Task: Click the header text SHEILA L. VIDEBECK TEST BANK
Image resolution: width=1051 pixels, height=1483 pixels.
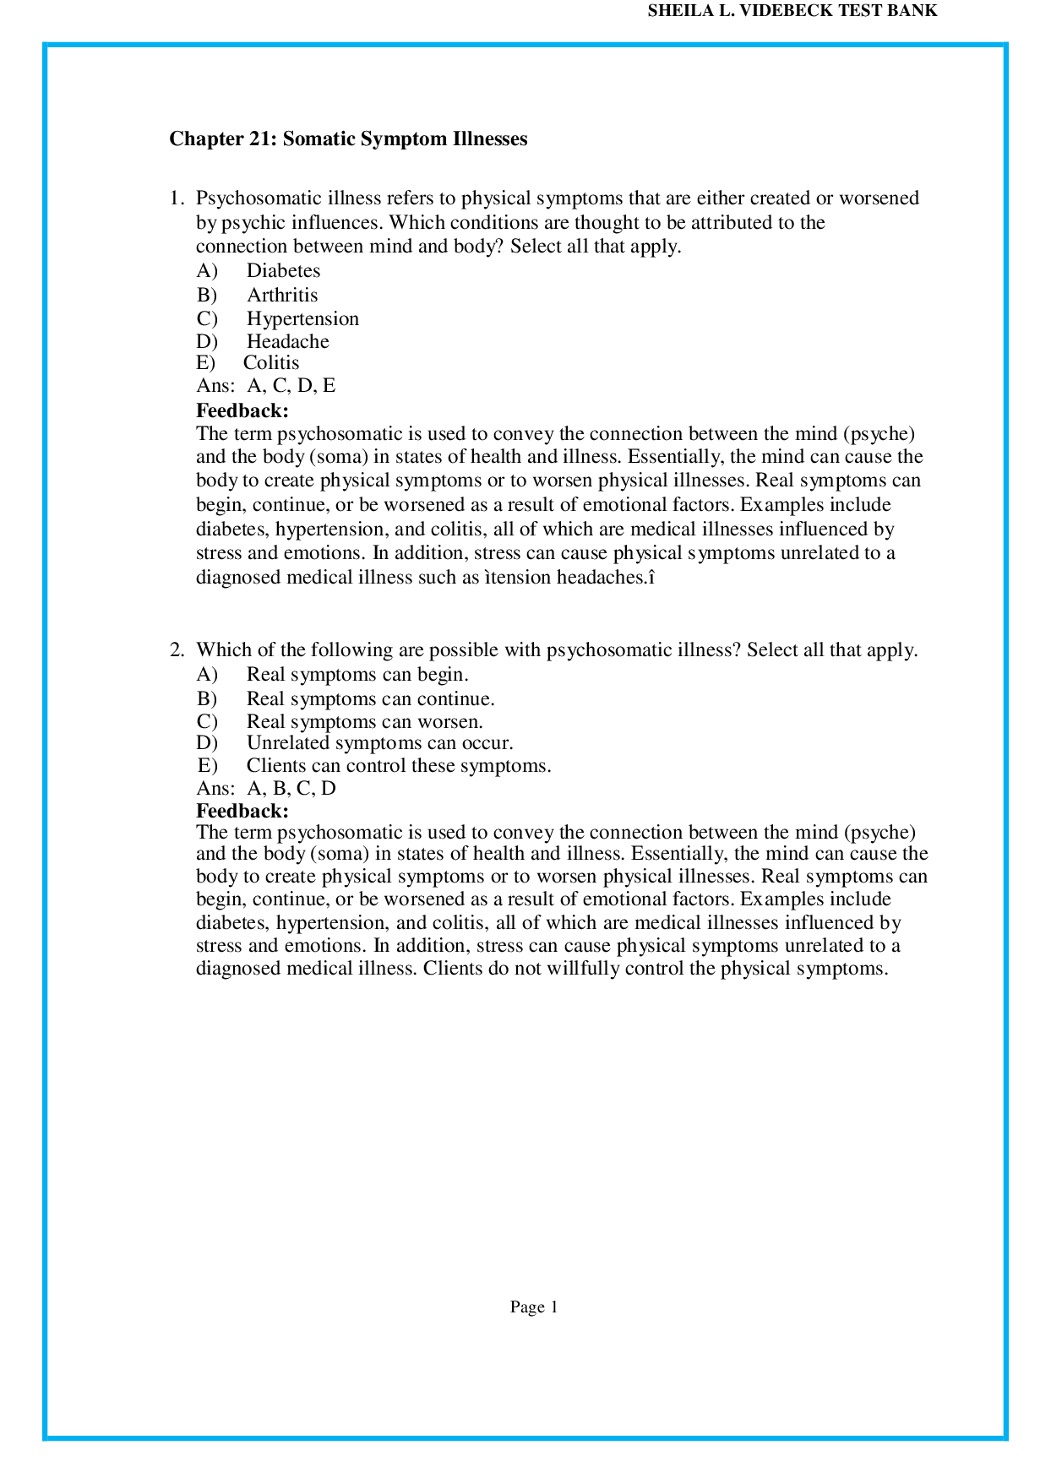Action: coord(792,12)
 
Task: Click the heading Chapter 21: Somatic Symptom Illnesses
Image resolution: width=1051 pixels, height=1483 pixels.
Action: coord(348,139)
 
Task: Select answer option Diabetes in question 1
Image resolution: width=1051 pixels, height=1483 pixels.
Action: coord(283,271)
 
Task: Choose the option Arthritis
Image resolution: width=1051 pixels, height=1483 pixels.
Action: coord(282,296)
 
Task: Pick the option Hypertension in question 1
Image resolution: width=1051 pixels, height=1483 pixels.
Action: coord(302,319)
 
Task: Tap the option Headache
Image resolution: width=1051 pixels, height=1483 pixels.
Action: coord(287,342)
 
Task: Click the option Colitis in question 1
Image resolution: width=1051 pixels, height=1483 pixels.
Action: coord(271,363)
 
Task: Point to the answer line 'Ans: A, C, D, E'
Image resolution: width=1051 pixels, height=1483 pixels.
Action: coord(265,386)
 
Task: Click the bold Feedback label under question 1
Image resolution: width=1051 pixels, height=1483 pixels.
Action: coord(242,411)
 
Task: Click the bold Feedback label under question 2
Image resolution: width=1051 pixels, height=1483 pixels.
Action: coord(242,812)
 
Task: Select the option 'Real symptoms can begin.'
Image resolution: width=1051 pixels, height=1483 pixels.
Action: coord(357,675)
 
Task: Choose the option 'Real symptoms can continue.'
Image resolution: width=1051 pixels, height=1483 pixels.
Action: coord(370,699)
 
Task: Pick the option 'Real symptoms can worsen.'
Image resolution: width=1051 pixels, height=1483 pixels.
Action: coord(364,722)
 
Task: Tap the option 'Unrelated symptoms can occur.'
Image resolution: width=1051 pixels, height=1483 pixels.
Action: coord(379,743)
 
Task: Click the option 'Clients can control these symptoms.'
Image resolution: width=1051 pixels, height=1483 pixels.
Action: coord(398,766)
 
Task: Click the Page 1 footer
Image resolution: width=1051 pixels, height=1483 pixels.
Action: coord(534,1307)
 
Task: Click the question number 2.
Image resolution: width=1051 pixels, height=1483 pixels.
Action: coord(176,650)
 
